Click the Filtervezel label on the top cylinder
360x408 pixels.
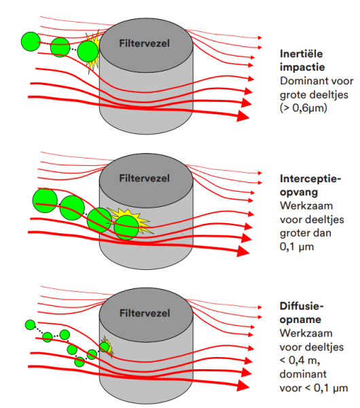[x=144, y=44]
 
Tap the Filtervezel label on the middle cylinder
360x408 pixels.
[x=144, y=178]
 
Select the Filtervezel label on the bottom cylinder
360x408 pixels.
[x=145, y=313]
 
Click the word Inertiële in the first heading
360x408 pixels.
[x=302, y=54]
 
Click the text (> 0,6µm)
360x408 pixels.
[x=304, y=108]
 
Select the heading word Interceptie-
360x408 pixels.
[x=310, y=179]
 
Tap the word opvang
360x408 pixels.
[x=299, y=192]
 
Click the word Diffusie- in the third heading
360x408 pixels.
[x=302, y=306]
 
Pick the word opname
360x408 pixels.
[x=300, y=320]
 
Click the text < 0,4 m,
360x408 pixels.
[x=300, y=360]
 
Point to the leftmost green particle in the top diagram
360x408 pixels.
[x=31, y=41]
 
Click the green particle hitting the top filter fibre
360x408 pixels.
[x=88, y=51]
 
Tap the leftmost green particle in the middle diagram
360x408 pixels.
[x=45, y=201]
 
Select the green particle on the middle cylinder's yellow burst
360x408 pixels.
[x=126, y=227]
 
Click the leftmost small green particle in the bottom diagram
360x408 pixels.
[x=30, y=325]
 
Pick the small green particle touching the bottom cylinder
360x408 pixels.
[x=104, y=347]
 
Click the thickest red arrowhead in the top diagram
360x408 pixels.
[x=242, y=116]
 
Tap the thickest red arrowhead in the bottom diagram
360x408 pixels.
[x=242, y=386]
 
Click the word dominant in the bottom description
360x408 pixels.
[x=303, y=374]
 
